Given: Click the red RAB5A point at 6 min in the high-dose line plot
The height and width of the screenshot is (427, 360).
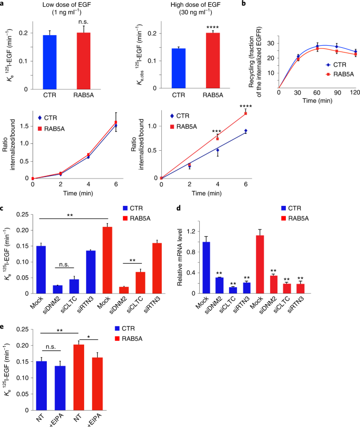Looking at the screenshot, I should tap(245, 113).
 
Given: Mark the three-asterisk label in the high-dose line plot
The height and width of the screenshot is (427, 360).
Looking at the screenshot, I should tap(217, 131).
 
